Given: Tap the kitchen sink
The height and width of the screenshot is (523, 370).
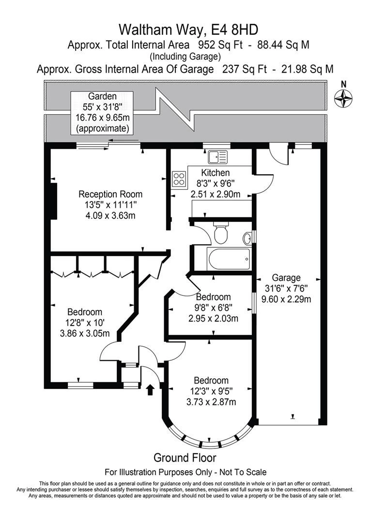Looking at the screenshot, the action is [x=217, y=157].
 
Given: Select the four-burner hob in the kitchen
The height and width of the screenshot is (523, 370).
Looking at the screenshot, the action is [x=179, y=178].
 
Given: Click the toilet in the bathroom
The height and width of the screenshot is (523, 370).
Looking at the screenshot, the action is [x=220, y=232].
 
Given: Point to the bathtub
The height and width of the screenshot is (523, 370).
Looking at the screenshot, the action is [x=228, y=259].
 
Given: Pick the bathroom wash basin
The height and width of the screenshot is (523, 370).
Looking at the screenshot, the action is [x=247, y=238].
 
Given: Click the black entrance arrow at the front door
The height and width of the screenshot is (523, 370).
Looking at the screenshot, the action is [x=150, y=389].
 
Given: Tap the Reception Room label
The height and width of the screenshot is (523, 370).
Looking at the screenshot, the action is [x=110, y=194].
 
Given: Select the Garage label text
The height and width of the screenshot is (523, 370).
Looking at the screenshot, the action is [x=286, y=277].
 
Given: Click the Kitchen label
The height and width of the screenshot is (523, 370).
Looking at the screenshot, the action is [x=216, y=172].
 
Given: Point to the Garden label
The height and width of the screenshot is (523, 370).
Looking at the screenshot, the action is [x=102, y=96].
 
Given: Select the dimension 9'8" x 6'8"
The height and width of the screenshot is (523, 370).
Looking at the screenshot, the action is [x=214, y=308].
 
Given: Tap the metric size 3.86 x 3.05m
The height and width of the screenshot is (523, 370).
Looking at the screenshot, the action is [x=85, y=333].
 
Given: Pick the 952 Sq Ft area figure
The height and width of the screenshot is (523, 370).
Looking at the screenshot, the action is [x=220, y=45].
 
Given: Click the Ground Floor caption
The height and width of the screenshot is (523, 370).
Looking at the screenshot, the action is [x=185, y=458].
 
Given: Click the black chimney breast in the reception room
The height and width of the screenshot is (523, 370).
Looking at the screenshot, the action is [x=53, y=201].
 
